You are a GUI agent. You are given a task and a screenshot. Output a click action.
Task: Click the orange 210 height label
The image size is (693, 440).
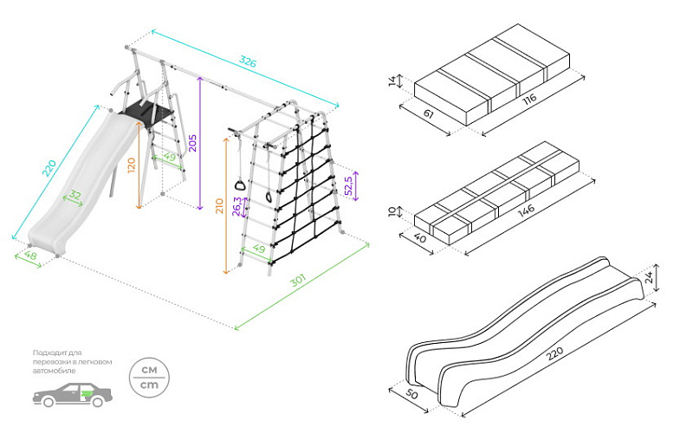coord(219,206)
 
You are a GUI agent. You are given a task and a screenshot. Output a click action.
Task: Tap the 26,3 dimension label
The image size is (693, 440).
coord(236,209)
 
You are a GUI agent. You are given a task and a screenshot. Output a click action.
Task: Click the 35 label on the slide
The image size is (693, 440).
coord(75,197)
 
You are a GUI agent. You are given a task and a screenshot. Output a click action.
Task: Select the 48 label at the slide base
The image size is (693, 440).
coord(29,256)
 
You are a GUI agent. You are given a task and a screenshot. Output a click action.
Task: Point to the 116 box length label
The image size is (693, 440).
coord(529,99)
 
